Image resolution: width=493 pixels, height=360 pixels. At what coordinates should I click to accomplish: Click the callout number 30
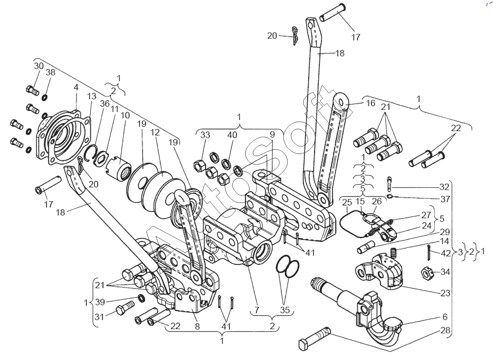39,66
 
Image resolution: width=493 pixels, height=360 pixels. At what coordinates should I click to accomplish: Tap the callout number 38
51,72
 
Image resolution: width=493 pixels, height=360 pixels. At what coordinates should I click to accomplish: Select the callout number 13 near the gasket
92,96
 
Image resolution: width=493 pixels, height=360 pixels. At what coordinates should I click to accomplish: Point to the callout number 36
104,104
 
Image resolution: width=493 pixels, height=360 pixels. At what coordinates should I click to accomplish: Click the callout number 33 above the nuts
205,135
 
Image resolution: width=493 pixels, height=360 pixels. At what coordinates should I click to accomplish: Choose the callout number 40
232,135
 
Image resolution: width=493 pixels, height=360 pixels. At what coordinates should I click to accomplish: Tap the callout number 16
371,103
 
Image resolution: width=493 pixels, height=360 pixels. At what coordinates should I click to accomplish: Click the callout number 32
445,187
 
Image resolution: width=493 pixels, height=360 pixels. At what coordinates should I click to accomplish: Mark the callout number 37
445,199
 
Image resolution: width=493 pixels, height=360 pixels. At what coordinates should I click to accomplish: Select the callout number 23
445,293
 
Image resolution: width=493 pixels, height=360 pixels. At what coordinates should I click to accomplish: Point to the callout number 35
285,310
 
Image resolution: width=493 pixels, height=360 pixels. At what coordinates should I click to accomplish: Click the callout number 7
257,310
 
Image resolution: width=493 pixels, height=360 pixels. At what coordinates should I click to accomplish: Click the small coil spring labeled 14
393,252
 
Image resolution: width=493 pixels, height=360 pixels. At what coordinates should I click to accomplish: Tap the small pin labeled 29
366,247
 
